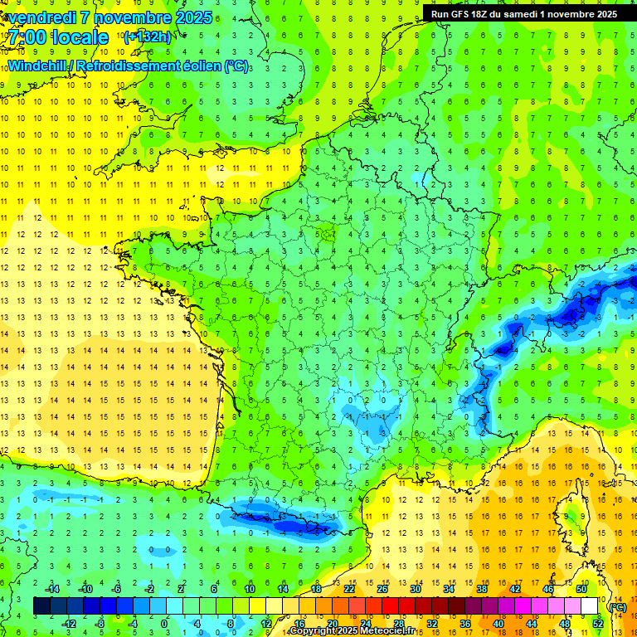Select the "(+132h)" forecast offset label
147,36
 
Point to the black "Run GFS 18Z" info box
523,13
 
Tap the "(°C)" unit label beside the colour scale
617,607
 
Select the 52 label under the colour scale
597,624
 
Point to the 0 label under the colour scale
163,624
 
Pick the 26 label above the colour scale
382,589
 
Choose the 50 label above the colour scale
581,589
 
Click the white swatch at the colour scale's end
589,606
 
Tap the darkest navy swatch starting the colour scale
41,606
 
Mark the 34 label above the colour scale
448,589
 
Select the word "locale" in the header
78,37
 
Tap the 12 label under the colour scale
265,624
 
